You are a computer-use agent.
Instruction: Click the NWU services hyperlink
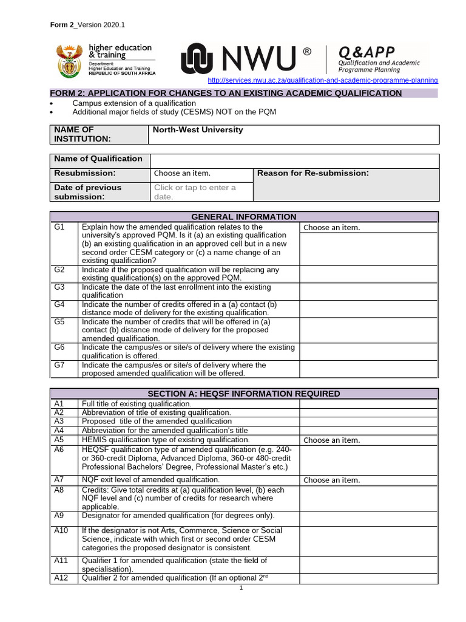[x=322, y=80]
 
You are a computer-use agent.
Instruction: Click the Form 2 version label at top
[x=87, y=25]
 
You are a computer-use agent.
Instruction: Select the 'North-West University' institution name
[x=197, y=130]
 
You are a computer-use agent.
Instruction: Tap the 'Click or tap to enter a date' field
[x=195, y=192]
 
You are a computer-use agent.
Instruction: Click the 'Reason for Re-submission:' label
[x=313, y=173]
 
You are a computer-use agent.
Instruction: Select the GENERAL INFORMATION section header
[x=243, y=217]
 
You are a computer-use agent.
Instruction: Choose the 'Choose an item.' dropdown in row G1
[x=331, y=228]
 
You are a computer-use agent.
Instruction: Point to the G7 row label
[x=59, y=365]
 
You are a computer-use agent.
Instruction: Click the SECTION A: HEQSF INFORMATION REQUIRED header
[x=243, y=394]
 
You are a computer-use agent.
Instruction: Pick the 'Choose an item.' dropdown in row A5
[x=331, y=440]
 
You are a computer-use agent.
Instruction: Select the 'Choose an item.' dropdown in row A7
[x=331, y=480]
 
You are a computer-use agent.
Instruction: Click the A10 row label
[x=61, y=530]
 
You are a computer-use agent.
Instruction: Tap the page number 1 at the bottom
[x=241, y=588]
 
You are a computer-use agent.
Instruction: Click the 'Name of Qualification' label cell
[x=98, y=159]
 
